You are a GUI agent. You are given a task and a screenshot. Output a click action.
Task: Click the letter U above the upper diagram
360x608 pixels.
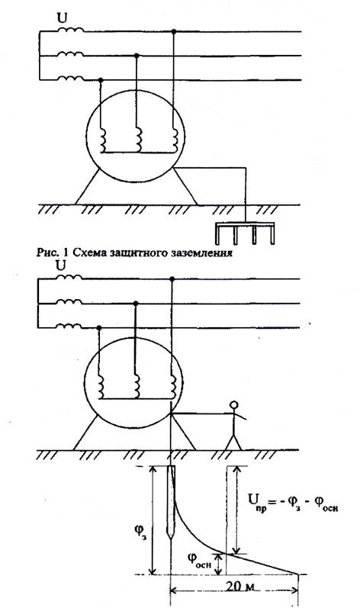[62, 18]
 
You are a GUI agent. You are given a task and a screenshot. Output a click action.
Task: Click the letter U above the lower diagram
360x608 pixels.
[60, 265]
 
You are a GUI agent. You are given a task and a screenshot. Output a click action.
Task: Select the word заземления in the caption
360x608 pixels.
[202, 253]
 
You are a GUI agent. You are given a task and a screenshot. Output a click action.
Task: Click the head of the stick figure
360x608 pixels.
[233, 405]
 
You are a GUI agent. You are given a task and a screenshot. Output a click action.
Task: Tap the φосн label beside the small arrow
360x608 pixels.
[199, 559]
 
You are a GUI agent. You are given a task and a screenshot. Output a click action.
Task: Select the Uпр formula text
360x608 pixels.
[293, 502]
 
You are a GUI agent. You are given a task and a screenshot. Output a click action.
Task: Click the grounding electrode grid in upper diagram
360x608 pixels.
[245, 233]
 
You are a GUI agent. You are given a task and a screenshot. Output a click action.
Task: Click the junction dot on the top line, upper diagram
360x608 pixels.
[174, 31]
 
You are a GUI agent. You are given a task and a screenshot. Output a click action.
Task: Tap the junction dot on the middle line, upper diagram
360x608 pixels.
[136, 56]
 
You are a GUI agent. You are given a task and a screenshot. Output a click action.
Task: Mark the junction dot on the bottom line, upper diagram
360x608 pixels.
[101, 80]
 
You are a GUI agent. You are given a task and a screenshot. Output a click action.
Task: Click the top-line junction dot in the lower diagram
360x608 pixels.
[172, 278]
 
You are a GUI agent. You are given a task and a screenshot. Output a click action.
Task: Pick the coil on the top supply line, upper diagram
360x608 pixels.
[70, 30]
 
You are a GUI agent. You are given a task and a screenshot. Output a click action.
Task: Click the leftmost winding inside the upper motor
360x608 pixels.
[104, 140]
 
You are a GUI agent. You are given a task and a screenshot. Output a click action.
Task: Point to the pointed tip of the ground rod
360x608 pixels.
[171, 539]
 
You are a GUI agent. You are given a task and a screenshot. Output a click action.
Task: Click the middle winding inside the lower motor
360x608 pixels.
[137, 386]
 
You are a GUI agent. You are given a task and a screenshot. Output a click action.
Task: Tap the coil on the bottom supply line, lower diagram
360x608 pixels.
[69, 326]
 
